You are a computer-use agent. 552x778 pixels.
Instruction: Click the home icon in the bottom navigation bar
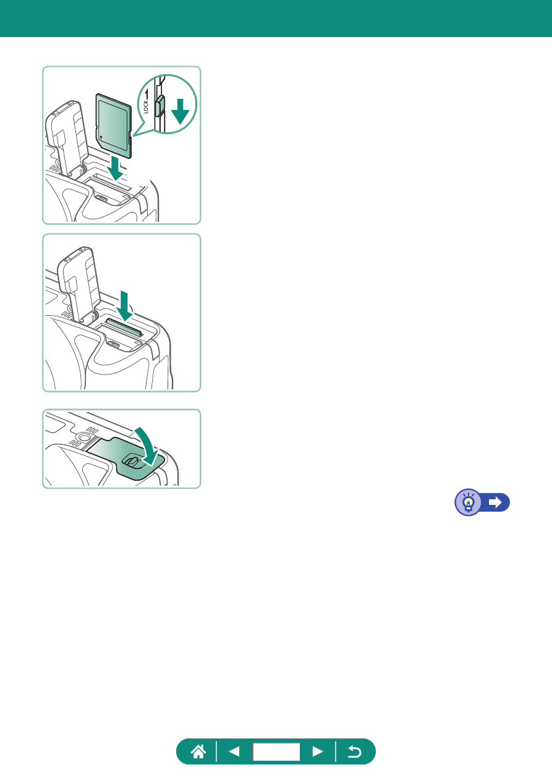pyautogui.click(x=198, y=752)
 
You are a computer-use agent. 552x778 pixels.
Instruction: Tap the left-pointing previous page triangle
pyautogui.click(x=234, y=752)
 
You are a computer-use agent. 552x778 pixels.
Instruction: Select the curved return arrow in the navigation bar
pyautogui.click(x=355, y=752)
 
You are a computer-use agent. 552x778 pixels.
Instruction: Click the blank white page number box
pyautogui.click(x=276, y=752)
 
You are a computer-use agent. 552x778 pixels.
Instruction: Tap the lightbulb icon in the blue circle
pyautogui.click(x=469, y=502)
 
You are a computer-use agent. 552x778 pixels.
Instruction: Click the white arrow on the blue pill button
pyautogui.click(x=495, y=502)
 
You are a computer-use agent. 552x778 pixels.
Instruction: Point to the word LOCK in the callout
pyautogui.click(x=145, y=107)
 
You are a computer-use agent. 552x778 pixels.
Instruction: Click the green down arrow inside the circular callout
pyautogui.click(x=180, y=111)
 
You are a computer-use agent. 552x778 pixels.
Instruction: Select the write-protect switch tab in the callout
pyautogui.click(x=160, y=106)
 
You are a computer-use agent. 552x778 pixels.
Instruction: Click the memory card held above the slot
pyautogui.click(x=114, y=125)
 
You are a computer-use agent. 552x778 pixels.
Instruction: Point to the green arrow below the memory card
pyautogui.click(x=116, y=168)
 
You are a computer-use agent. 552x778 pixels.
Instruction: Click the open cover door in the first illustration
pyautogui.click(x=67, y=137)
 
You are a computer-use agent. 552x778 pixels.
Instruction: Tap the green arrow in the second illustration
pyautogui.click(x=124, y=306)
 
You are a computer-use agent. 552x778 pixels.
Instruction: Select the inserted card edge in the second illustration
pyautogui.click(x=124, y=327)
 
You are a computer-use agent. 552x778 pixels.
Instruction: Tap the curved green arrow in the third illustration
pyautogui.click(x=148, y=446)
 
